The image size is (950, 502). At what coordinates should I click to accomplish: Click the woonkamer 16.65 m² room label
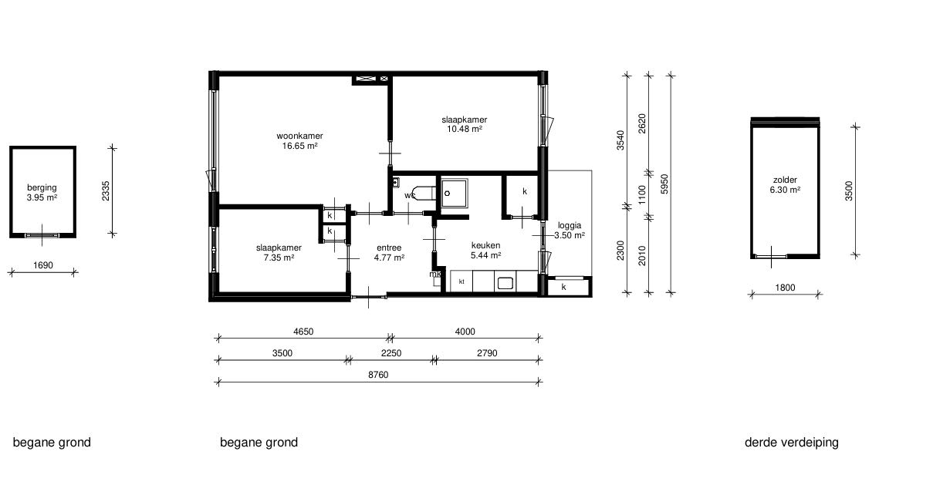coord(300,140)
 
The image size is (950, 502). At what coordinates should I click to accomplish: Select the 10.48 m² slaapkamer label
coord(465,125)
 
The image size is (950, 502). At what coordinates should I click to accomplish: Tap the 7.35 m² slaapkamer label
coord(279,252)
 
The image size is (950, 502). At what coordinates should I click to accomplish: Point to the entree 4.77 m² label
coord(389,252)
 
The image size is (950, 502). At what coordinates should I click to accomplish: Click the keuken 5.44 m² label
coord(485,250)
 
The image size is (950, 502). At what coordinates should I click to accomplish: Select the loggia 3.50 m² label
coord(570,230)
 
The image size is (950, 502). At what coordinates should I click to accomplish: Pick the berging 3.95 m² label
coord(42,192)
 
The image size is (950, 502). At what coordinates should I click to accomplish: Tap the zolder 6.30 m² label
coord(785,185)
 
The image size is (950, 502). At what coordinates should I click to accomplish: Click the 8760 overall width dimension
coord(378,375)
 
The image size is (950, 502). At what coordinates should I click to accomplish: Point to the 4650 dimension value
coord(303,332)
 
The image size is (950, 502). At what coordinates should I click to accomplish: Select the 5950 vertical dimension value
coord(664,184)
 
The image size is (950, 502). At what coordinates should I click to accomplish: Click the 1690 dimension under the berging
coord(43,265)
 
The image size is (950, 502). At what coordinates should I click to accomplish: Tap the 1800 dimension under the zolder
coord(785,288)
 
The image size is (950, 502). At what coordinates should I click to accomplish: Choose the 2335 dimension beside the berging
coord(106,191)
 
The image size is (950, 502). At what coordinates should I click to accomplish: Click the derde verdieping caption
coord(791,443)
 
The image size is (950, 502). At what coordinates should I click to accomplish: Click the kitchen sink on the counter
coord(505,283)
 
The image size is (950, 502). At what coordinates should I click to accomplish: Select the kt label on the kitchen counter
coord(461,281)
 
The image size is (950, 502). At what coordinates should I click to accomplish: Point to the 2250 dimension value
coord(391,353)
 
